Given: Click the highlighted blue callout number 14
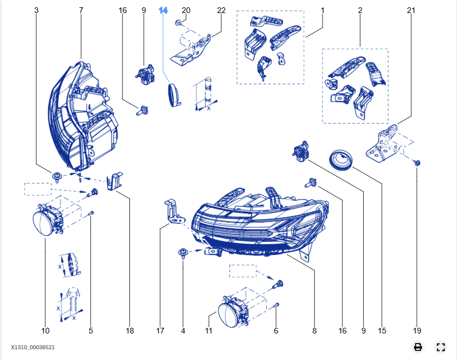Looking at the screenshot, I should (x=163, y=11).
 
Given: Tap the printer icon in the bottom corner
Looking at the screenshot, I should (x=417, y=347).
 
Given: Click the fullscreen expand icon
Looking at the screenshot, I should (x=441, y=347).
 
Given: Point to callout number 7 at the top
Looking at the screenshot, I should (x=81, y=11).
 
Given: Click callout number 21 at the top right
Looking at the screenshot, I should (x=411, y=11).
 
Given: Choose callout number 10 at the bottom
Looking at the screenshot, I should (x=45, y=331).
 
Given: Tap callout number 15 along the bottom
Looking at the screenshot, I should (x=381, y=331).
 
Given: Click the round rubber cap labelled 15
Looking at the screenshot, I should (x=341, y=159).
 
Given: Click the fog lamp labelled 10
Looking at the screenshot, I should (x=45, y=221).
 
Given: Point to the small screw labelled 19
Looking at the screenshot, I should (x=416, y=163).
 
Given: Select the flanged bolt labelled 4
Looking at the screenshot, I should (x=183, y=252).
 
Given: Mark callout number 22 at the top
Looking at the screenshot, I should (x=221, y=11).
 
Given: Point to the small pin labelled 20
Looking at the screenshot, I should (x=179, y=23).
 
